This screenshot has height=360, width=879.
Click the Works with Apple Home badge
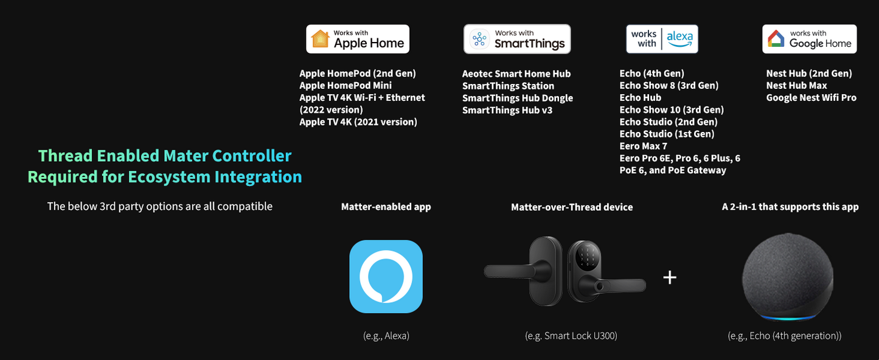coord(358,39)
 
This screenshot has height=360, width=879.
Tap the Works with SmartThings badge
coord(517,39)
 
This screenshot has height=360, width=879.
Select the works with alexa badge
coord(662,39)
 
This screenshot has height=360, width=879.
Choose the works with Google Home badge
coord(809,39)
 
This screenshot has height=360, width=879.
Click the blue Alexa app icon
coord(386,277)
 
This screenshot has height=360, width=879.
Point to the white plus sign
coord(670,277)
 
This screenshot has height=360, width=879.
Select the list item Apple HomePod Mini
coord(346,86)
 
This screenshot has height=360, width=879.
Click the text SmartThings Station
coord(508,86)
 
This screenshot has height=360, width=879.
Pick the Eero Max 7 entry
coord(644,146)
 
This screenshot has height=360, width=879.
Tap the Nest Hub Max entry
coord(796,86)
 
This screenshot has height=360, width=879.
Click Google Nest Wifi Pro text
coord(811,98)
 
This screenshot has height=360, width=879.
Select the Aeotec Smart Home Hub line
coord(516,74)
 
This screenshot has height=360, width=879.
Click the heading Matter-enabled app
coord(386,207)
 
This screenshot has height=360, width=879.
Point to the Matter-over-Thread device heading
coord(572,207)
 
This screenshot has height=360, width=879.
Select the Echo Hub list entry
coord(641,98)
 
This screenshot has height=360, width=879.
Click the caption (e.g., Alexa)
coord(386,336)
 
